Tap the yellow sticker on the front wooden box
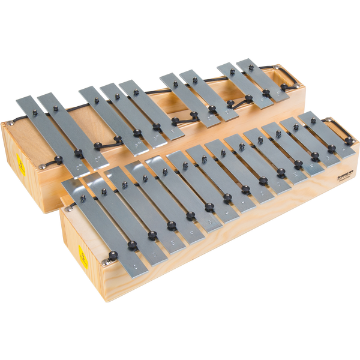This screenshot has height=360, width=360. coord(83,256)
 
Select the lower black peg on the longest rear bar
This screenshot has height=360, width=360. coord(59,159)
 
